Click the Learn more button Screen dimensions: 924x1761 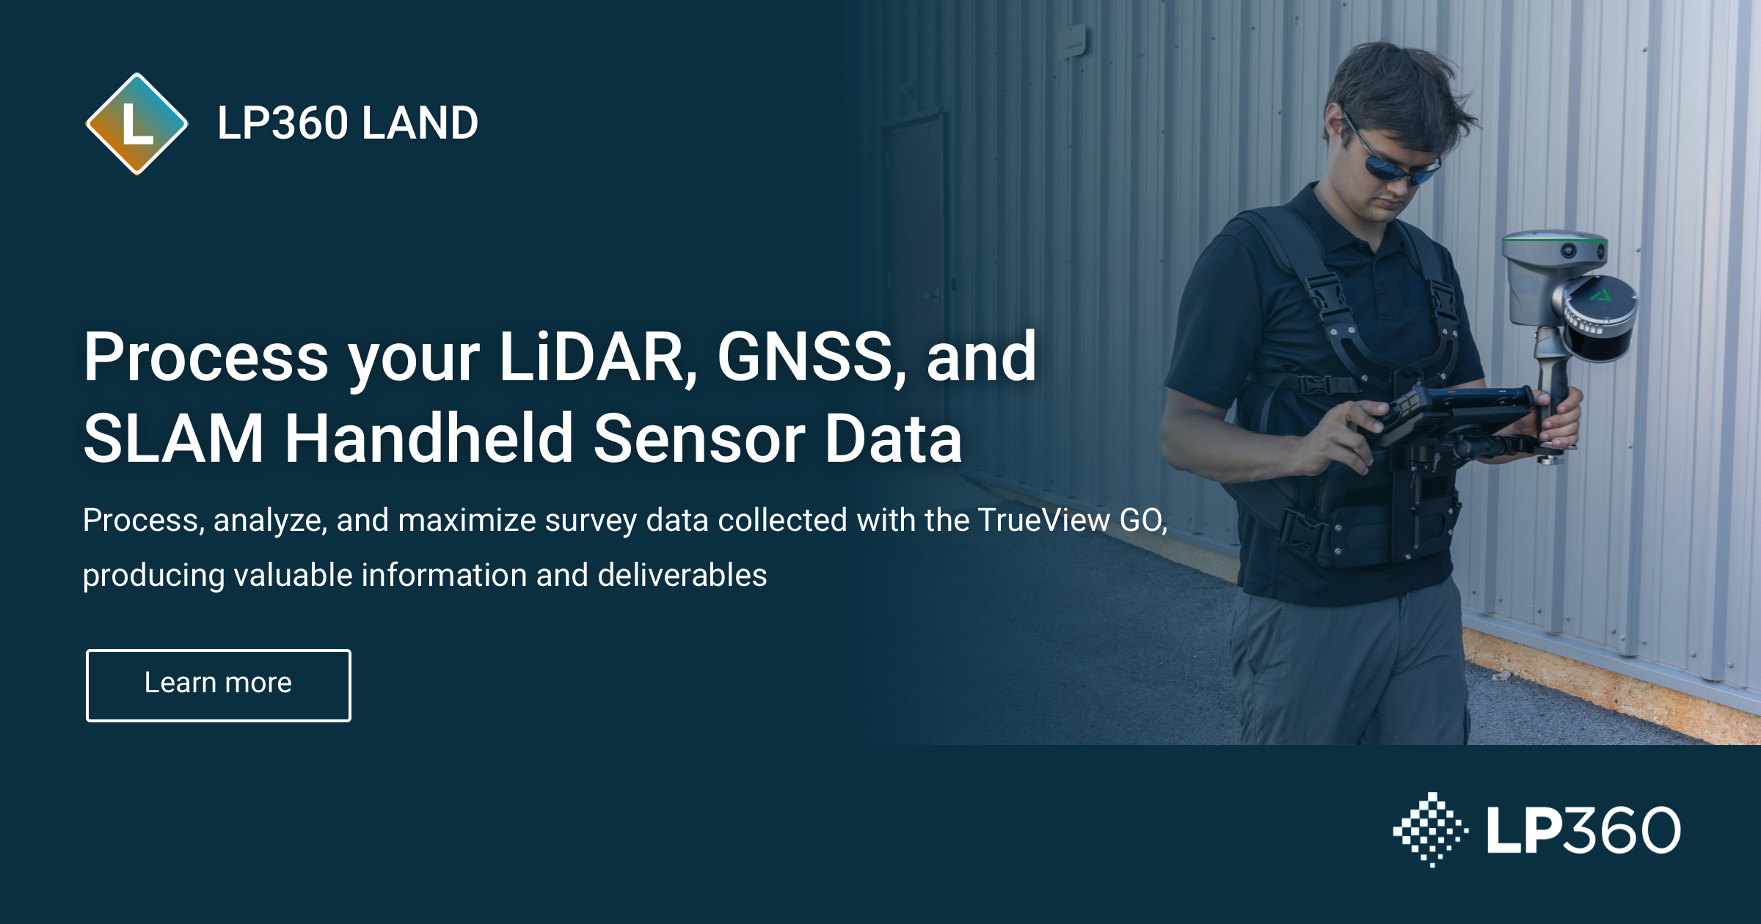pos(218,685)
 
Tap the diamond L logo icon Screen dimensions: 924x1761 pos(136,123)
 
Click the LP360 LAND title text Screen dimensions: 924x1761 pos(347,122)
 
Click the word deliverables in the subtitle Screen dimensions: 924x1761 pos(682,575)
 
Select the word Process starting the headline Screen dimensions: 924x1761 pos(206,357)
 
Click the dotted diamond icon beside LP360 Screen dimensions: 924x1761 pos(1431,829)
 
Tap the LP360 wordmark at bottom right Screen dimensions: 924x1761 pos(1583,829)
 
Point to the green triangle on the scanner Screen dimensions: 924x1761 pos(1602,296)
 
